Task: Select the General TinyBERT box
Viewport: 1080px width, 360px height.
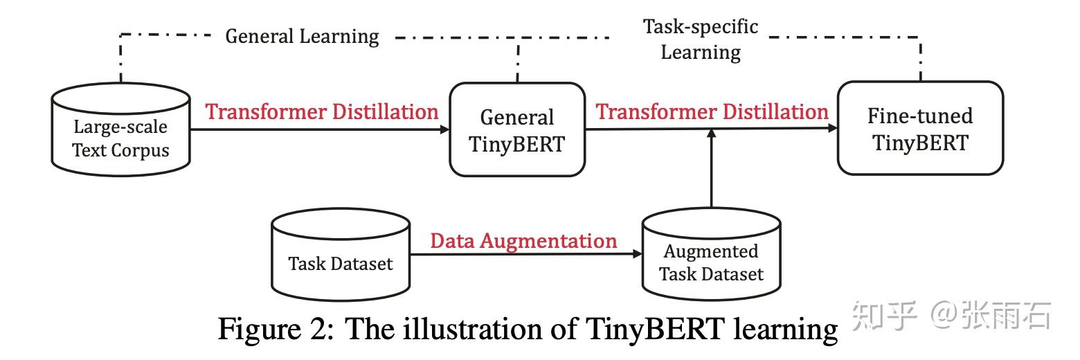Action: tap(517, 130)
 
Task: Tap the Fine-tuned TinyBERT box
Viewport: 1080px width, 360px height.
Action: tap(920, 129)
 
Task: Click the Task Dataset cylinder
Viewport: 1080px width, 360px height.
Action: tap(341, 256)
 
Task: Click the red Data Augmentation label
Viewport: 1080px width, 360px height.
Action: tap(523, 241)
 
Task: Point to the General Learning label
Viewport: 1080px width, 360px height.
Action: tap(303, 36)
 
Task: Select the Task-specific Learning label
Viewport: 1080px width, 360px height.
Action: tap(701, 39)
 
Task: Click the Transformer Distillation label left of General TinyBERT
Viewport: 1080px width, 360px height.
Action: tap(322, 112)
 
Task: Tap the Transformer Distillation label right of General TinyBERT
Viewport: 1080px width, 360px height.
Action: tap(712, 111)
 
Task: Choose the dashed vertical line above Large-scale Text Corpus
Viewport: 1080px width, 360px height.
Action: tap(121, 59)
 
